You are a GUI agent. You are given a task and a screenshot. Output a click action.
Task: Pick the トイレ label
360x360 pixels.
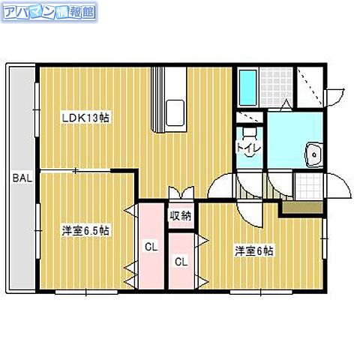247,147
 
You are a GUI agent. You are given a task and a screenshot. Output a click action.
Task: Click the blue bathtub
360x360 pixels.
248,87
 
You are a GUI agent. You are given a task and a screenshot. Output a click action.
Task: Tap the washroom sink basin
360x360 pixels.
313,155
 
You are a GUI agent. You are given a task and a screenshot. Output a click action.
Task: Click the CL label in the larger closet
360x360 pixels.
150,246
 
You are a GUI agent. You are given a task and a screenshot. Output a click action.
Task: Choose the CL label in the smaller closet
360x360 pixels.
181,262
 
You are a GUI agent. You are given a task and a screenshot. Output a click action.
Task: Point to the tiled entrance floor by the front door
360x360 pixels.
307,184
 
